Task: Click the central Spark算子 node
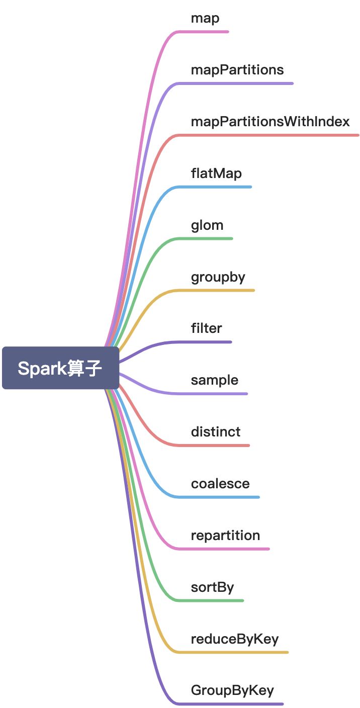click(60, 368)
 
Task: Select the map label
click(205, 19)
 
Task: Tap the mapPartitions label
click(237, 70)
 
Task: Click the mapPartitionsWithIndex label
click(270, 122)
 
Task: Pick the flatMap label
click(216, 173)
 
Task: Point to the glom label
click(207, 225)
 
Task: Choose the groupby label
click(218, 277)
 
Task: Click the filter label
click(206, 328)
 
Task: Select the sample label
click(215, 380)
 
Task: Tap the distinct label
click(216, 432)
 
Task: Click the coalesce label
click(220, 484)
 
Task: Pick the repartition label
click(225, 536)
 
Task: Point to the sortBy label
click(212, 587)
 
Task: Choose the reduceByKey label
click(235, 639)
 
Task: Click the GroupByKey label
click(232, 690)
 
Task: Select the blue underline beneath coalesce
click(221, 497)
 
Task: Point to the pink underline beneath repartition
click(226, 549)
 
